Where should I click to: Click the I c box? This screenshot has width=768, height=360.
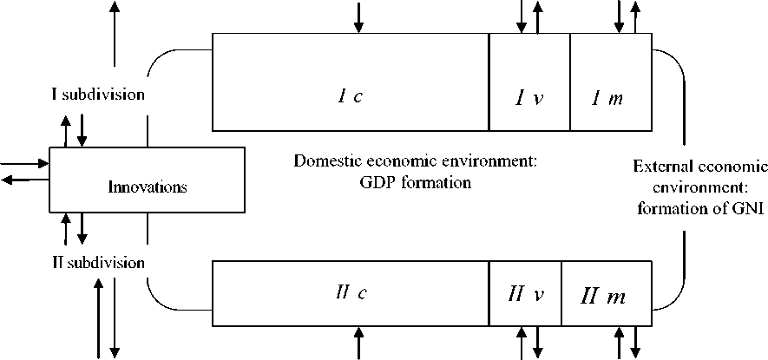coord(351,95)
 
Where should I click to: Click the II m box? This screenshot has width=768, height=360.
coord(606,295)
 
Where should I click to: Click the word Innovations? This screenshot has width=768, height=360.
coord(148,186)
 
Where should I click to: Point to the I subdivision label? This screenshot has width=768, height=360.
coord(97,94)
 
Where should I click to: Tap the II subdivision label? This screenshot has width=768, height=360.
coord(97,262)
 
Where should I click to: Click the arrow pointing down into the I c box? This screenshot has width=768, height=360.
coord(358,17)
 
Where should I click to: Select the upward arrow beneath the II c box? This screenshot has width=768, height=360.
coord(358,343)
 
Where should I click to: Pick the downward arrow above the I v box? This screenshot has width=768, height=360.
coord(521,16)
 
